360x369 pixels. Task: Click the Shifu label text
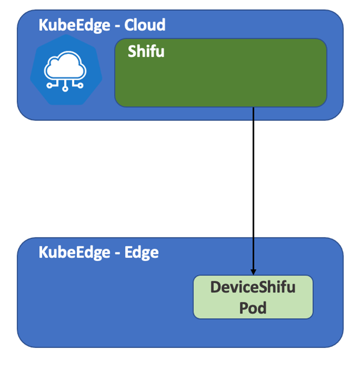pyautogui.click(x=146, y=51)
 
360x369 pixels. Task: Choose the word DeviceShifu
pyautogui.click(x=252, y=287)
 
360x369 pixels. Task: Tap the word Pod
pyautogui.click(x=252, y=307)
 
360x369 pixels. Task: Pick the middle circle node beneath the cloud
pyautogui.click(x=66, y=89)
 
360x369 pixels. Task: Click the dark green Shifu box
pyautogui.click(x=220, y=77)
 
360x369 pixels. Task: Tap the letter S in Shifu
pyautogui.click(x=132, y=51)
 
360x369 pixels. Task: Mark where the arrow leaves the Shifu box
pyautogui.click(x=253, y=107)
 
